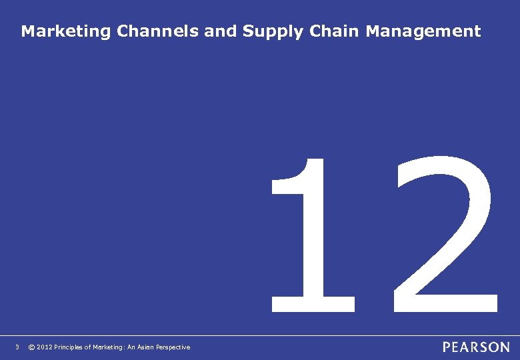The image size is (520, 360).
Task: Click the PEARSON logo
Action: (476, 347)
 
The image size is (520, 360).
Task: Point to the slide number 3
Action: (17, 347)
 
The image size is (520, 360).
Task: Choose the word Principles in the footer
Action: (70, 347)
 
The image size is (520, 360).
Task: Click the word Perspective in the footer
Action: (175, 347)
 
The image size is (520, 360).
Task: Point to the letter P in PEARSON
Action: (447, 347)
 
